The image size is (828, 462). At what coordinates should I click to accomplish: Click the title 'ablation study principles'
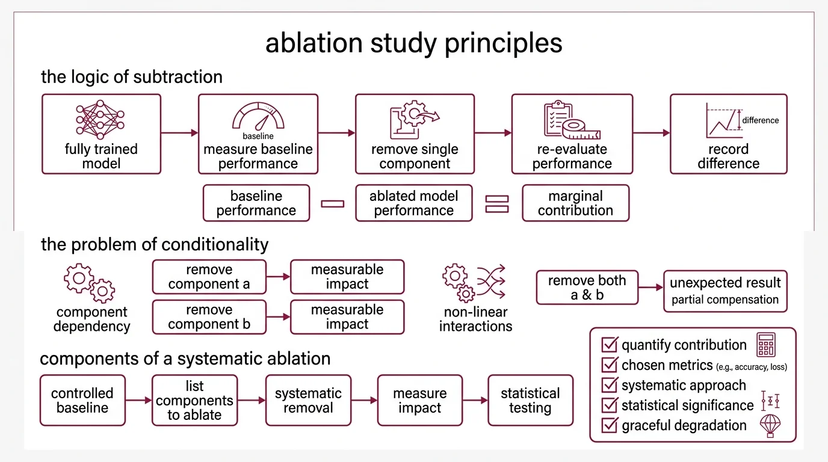(x=414, y=43)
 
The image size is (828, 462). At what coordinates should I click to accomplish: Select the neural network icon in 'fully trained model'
(x=100, y=120)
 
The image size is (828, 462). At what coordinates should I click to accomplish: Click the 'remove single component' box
(x=415, y=134)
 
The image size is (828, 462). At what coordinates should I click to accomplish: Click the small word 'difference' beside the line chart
(x=760, y=120)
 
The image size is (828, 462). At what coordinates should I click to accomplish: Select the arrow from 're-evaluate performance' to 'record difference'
(x=651, y=133)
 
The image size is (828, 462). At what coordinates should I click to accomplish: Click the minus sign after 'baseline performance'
(x=333, y=203)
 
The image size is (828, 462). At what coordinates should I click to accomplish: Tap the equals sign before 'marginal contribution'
(x=497, y=203)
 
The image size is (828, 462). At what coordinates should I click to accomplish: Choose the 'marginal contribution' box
(x=575, y=203)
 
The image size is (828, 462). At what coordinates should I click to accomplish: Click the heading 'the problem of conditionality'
(x=155, y=245)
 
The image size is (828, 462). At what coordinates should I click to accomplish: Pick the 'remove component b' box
(x=209, y=317)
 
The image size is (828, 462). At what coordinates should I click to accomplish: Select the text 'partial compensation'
(x=725, y=300)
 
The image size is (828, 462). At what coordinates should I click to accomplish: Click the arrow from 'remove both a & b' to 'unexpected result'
(x=650, y=288)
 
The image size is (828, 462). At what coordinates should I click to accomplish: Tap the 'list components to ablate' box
(x=194, y=400)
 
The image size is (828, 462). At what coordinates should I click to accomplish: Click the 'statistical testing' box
(x=530, y=400)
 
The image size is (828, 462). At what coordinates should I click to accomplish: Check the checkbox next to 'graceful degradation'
(x=610, y=425)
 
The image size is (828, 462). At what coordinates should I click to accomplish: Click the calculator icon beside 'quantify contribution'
(x=766, y=345)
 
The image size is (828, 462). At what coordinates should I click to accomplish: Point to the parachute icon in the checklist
(x=770, y=425)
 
